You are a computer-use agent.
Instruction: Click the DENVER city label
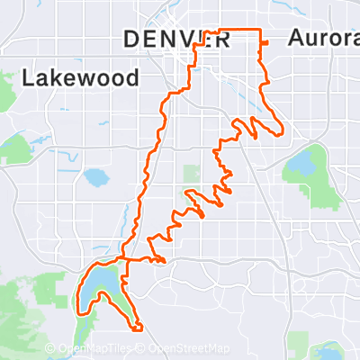point(176,38)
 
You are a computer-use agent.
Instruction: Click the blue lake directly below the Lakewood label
point(94,177)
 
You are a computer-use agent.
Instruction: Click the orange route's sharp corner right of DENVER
point(261,31)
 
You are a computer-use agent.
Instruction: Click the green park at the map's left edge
point(13,149)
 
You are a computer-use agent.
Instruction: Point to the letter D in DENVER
point(129,39)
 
